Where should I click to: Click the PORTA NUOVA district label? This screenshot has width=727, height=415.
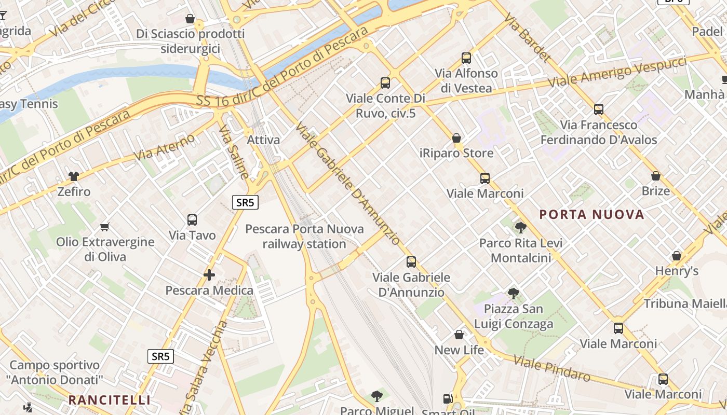click(591, 214)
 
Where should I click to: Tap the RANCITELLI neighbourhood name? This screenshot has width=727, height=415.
click(109, 400)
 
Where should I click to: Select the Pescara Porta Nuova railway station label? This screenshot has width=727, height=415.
click(304, 237)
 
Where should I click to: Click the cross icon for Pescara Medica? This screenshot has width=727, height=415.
click(209, 275)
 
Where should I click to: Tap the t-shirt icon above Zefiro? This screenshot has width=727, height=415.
click(74, 176)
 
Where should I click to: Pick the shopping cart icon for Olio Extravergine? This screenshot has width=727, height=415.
click(105, 227)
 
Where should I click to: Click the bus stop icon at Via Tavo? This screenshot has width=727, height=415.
click(192, 220)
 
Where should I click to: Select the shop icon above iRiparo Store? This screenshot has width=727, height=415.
click(456, 138)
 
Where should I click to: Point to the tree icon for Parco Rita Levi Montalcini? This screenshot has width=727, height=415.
click(520, 227)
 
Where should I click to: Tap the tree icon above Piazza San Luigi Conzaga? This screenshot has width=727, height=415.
click(514, 294)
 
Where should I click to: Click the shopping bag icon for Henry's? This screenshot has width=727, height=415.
click(677, 256)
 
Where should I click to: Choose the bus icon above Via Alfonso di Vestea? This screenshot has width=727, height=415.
click(466, 58)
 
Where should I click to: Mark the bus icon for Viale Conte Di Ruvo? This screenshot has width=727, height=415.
click(385, 83)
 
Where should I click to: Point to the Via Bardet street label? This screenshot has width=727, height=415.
click(527, 37)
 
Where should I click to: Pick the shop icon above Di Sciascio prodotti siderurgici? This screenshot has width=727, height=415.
click(190, 19)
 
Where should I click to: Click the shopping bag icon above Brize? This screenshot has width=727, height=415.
click(656, 176)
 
